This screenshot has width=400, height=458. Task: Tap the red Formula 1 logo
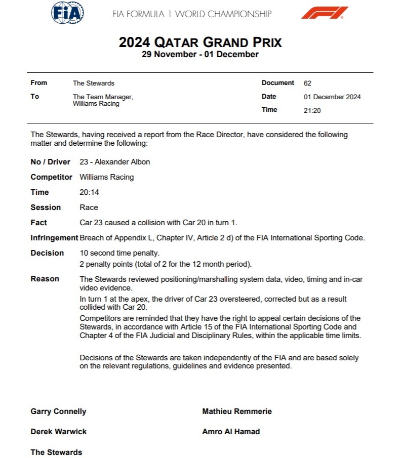[x=325, y=13]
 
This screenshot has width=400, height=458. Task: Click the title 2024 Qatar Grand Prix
[x=200, y=42]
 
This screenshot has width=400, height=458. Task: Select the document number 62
[x=307, y=83]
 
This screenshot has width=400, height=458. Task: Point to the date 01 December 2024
[x=332, y=97]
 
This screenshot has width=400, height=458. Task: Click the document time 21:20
[x=312, y=110]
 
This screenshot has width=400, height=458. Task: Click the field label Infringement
[x=54, y=238]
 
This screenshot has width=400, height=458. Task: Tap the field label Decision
[x=47, y=253]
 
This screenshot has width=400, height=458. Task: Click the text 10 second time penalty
[x=119, y=253]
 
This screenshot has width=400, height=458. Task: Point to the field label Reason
[x=45, y=279]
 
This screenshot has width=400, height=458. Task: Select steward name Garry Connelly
[x=58, y=411]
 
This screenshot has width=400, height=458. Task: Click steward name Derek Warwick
[x=58, y=432]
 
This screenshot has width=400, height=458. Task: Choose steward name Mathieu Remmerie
[x=236, y=411]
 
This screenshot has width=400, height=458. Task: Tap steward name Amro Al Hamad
[x=230, y=432]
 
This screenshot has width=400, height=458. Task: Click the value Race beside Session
[x=89, y=207]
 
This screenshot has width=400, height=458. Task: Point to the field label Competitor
[x=52, y=177]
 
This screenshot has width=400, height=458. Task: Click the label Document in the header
[x=277, y=83]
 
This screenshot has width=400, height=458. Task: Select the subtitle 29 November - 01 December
[x=200, y=55]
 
